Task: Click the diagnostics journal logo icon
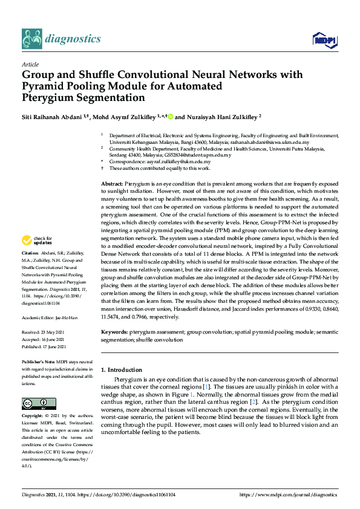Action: [31, 39]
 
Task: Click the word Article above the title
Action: [30, 64]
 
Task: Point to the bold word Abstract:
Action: [111, 183]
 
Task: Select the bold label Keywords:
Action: [114, 332]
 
